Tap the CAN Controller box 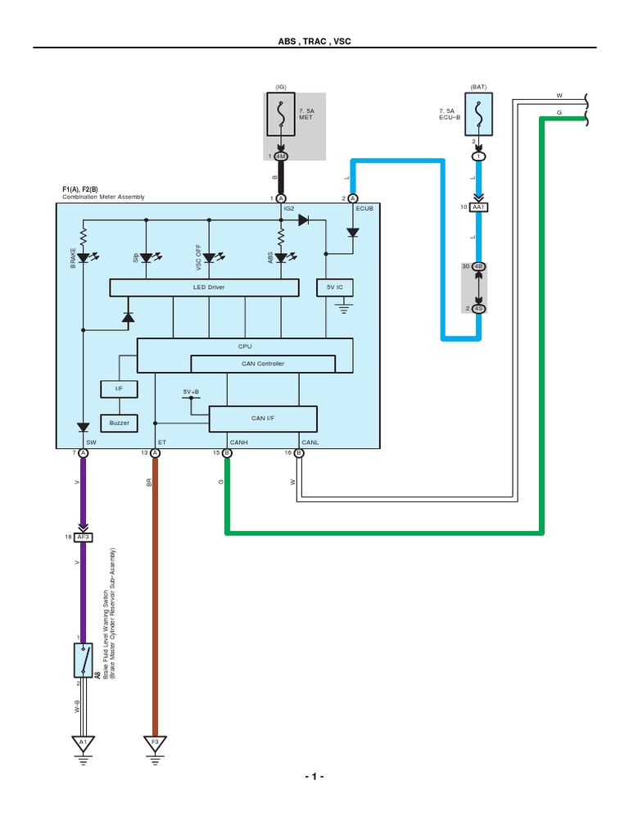point(263,364)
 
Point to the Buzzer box point(119,423)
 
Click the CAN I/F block point(263,419)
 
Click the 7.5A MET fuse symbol point(280,115)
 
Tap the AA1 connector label point(478,207)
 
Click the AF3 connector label point(83,537)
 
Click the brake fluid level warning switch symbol point(82,659)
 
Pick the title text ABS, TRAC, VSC point(314,41)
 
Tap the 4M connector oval point(281,156)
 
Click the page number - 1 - point(314,777)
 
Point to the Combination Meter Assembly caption point(103,197)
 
